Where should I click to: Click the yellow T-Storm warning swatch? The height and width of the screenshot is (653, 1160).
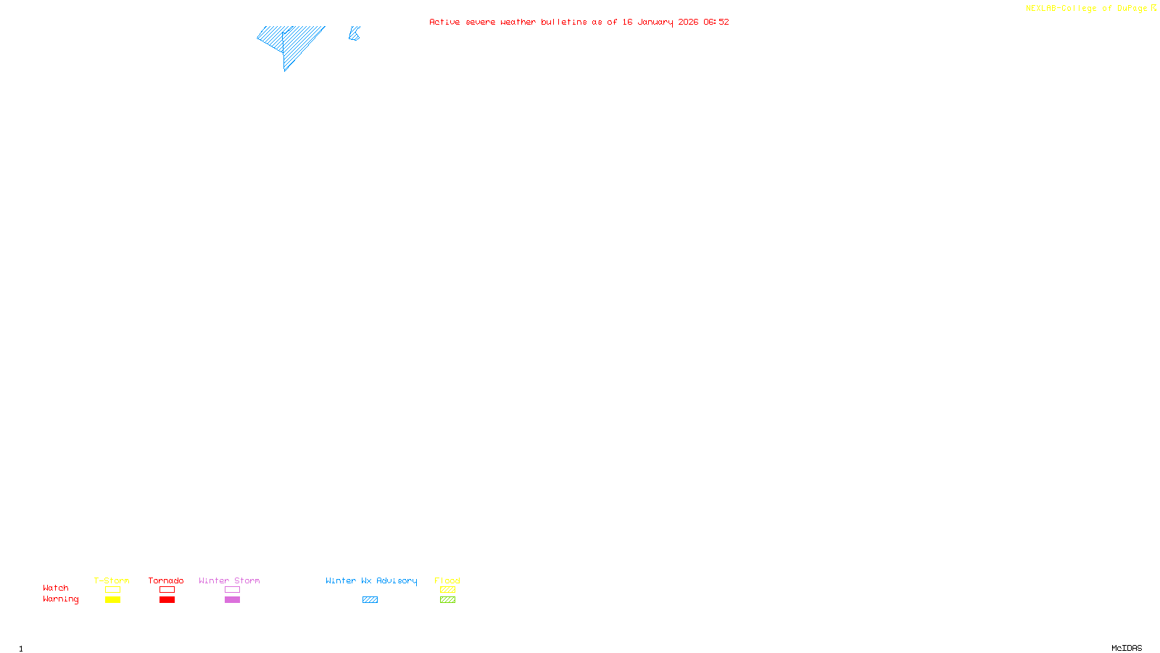pyautogui.click(x=112, y=600)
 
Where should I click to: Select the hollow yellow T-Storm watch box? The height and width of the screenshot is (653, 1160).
pyautogui.click(x=112, y=590)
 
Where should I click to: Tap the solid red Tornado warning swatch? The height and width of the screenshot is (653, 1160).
pyautogui.click(x=167, y=600)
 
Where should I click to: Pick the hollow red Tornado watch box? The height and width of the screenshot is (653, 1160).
pyautogui.click(x=167, y=590)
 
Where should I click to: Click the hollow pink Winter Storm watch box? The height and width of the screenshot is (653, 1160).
pyautogui.click(x=232, y=590)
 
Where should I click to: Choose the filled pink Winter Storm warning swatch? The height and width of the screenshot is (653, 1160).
pyautogui.click(x=232, y=600)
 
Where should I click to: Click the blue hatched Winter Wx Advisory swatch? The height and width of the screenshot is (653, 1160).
pyautogui.click(x=370, y=600)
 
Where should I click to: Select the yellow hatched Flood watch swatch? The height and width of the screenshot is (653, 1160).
pyautogui.click(x=447, y=590)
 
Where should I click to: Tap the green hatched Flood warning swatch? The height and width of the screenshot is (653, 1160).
pyautogui.click(x=447, y=600)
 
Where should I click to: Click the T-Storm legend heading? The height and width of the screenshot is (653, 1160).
pyautogui.click(x=112, y=580)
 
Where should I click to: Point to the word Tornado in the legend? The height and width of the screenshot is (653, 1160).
pyautogui.click(x=166, y=580)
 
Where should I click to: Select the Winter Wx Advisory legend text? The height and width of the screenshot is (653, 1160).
pyautogui.click(x=371, y=580)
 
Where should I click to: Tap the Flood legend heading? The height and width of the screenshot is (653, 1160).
pyautogui.click(x=447, y=580)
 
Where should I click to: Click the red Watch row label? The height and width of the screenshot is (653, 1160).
pyautogui.click(x=56, y=588)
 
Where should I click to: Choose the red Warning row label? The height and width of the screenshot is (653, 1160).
pyautogui.click(x=61, y=599)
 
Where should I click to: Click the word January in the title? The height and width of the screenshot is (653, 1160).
pyautogui.click(x=655, y=22)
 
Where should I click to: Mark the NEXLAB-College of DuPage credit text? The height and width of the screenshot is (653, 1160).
pyautogui.click(x=1087, y=9)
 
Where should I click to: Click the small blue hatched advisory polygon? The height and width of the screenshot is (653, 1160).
pyautogui.click(x=354, y=33)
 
